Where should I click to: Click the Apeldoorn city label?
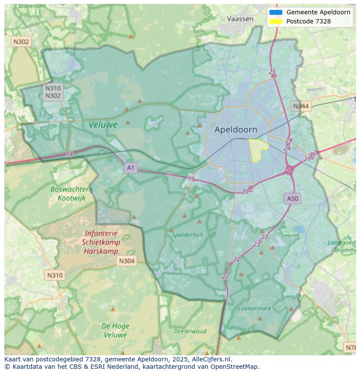[236, 129]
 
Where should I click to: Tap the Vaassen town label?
[240, 19]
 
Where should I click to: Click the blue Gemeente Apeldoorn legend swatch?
[276, 13]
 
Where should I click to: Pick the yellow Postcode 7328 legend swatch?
[276, 21]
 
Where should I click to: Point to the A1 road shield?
[130, 167]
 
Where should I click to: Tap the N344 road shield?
[301, 106]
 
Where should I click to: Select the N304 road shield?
[127, 261]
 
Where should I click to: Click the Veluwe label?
[103, 125]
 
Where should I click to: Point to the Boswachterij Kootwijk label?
[71, 193]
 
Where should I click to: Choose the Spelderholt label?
[187, 235]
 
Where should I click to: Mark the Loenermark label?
[254, 308]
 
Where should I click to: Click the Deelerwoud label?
[190, 331]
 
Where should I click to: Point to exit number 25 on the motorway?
[272, 72]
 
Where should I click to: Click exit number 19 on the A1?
[191, 179]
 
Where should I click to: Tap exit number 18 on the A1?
[70, 154]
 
